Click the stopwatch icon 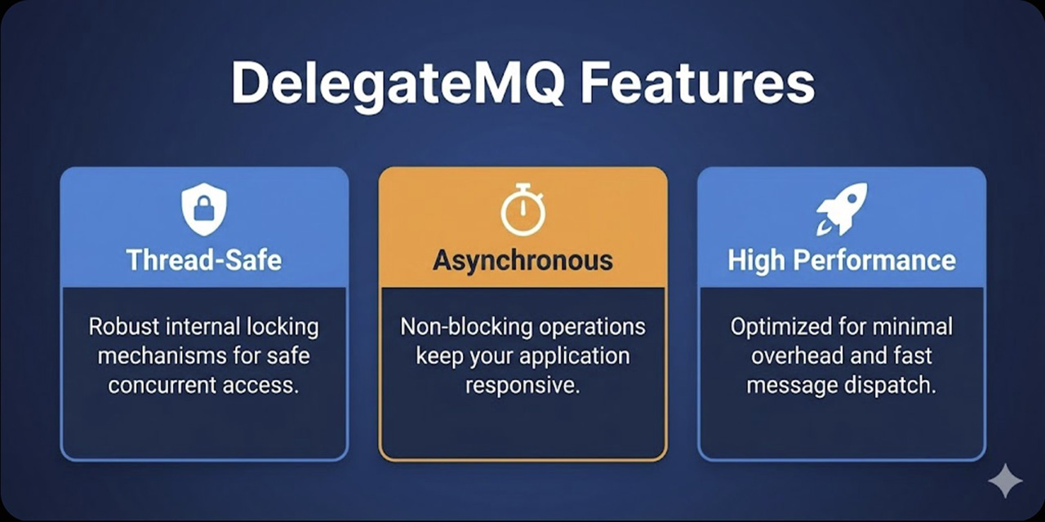(x=522, y=210)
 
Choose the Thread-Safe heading (x=204, y=260)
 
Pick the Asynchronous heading (x=522, y=260)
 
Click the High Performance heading (x=842, y=260)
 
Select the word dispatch (x=896, y=385)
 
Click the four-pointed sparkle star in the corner (x=1005, y=480)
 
